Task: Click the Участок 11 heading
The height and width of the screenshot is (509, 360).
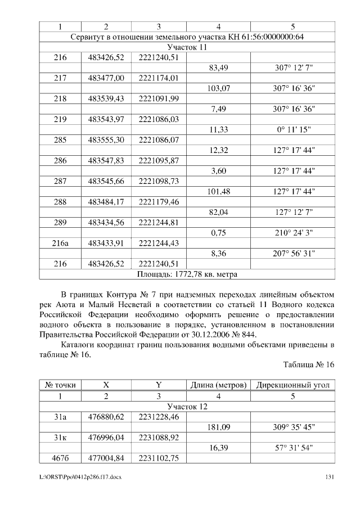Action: click(187, 47)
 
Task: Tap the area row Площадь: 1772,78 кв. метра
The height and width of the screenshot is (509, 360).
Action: click(187, 274)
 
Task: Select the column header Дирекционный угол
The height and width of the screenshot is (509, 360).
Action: click(292, 385)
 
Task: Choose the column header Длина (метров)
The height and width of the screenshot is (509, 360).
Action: click(218, 385)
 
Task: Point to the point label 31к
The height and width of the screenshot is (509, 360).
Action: click(60, 437)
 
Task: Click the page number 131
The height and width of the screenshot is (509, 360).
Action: click(330, 478)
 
